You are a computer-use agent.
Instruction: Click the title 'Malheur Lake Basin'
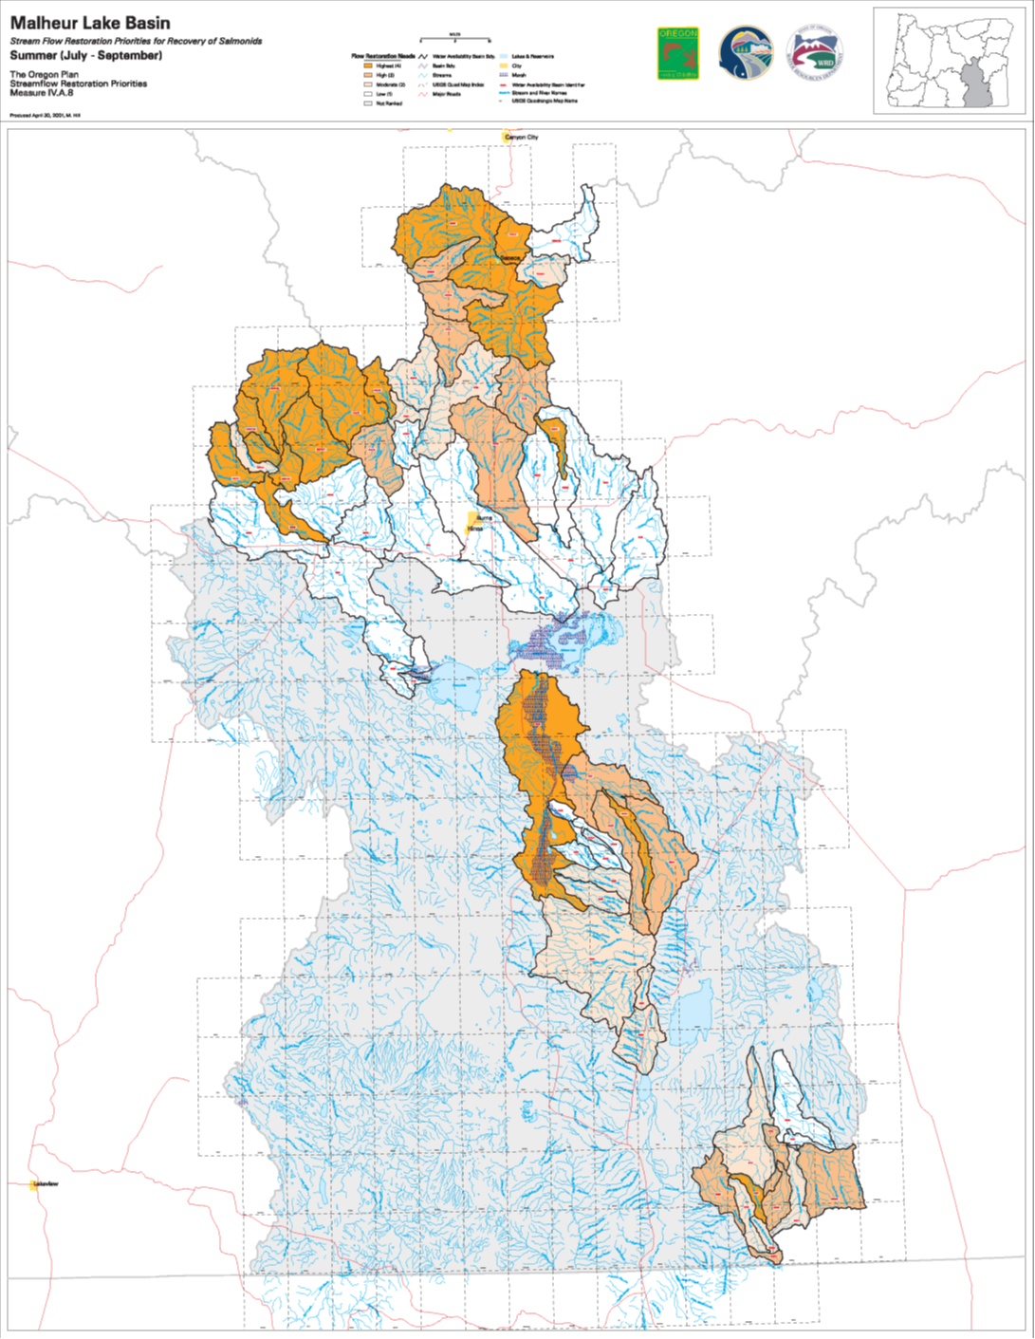tap(90, 23)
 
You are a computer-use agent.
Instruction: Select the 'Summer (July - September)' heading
tap(85, 56)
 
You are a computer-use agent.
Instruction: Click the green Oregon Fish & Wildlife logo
tap(677, 53)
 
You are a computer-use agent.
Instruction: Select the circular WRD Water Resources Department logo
tap(814, 53)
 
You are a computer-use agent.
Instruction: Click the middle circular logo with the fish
tap(746, 53)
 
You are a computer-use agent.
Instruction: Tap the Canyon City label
tap(521, 138)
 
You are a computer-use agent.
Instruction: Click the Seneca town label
tap(510, 257)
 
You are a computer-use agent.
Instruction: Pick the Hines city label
tap(474, 528)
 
